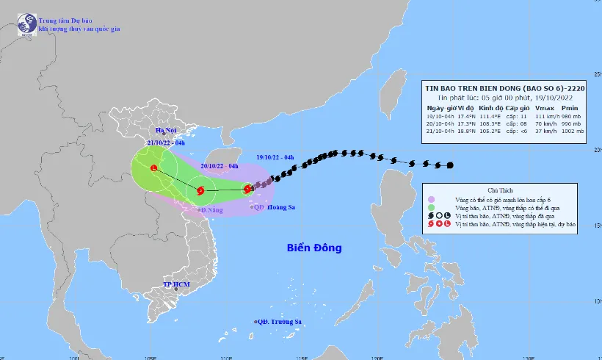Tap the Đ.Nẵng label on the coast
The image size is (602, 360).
212,210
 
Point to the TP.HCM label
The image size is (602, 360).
177,284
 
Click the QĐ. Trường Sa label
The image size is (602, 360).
280,322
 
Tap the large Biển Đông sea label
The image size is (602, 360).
314,248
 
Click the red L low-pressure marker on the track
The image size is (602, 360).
153,169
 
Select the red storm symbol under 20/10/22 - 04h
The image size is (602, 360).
200,190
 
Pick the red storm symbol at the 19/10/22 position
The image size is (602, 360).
248,189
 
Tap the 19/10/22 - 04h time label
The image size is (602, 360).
275,156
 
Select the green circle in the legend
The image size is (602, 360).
432,208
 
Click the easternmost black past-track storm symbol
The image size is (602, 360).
449,165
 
